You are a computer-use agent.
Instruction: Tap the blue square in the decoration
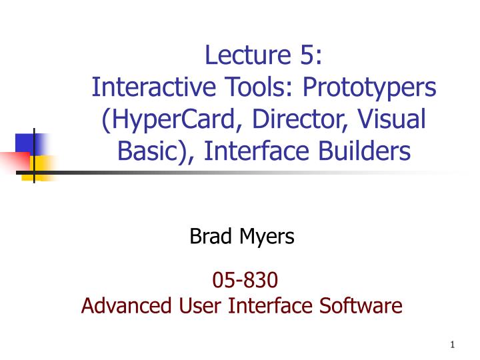[25, 143]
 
